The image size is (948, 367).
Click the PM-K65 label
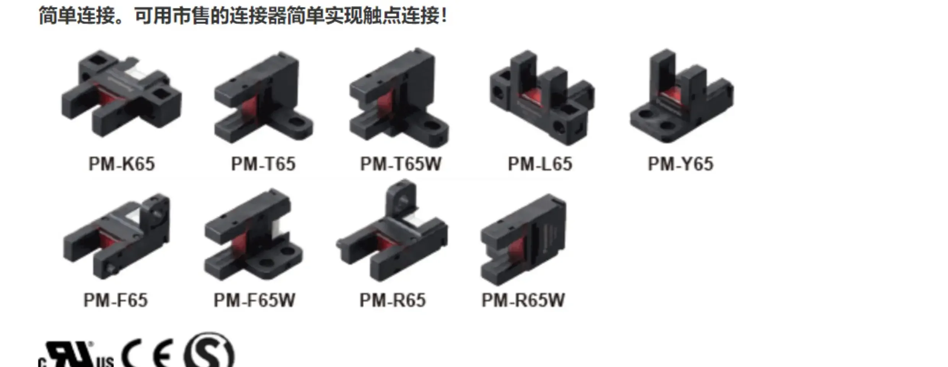click(x=122, y=164)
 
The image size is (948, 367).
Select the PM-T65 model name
click(x=263, y=164)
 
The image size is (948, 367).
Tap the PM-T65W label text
click(x=401, y=164)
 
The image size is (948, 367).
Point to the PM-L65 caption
click(x=540, y=164)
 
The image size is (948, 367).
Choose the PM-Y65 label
click(x=680, y=164)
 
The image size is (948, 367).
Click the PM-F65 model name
click(x=115, y=300)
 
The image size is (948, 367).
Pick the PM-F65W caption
click(x=254, y=300)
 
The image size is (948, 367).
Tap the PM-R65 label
click(x=392, y=300)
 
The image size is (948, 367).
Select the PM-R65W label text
click(x=523, y=300)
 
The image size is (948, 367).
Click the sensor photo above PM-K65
click(x=122, y=94)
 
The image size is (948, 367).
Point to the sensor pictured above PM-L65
click(x=542, y=97)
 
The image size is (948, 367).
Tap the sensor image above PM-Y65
click(x=682, y=96)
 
